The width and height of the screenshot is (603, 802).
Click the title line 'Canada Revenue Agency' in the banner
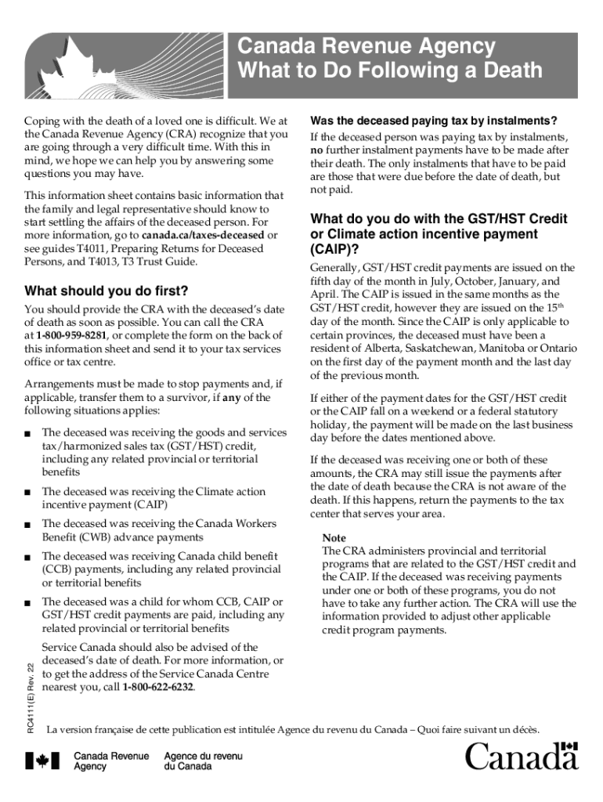[366, 46]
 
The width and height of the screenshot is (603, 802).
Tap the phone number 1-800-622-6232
[159, 688]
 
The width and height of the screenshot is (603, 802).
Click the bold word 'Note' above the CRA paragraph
[334, 538]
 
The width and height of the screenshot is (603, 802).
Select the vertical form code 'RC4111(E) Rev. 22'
[30, 690]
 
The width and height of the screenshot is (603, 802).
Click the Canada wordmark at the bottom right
[522, 757]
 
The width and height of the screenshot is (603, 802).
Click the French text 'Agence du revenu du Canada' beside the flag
[192, 760]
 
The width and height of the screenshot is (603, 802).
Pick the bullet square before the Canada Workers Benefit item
[28, 524]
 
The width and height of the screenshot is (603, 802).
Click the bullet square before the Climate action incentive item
[28, 492]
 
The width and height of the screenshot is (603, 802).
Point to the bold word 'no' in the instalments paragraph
[316, 149]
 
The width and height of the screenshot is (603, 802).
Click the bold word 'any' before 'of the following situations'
[231, 398]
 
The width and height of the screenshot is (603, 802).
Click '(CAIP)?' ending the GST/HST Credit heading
[335, 250]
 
